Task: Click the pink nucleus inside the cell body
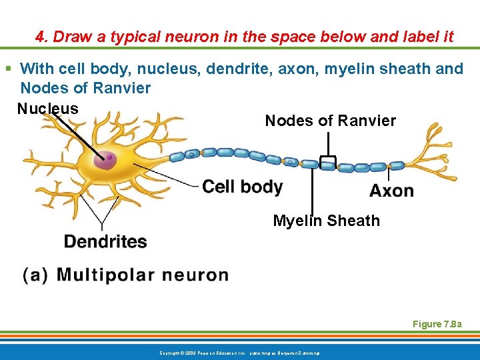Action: pyautogui.click(x=105, y=160)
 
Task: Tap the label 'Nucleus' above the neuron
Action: pyautogui.click(x=48, y=109)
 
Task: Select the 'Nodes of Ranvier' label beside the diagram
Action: pyautogui.click(x=330, y=121)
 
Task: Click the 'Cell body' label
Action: pyautogui.click(x=242, y=187)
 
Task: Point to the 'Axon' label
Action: pyautogui.click(x=391, y=191)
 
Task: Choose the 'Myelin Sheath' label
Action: pyautogui.click(x=326, y=221)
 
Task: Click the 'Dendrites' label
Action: pyautogui.click(x=105, y=241)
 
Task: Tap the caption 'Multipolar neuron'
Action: pyautogui.click(x=143, y=275)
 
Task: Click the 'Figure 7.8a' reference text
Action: pyautogui.click(x=436, y=324)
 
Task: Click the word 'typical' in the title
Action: pyautogui.click(x=133, y=37)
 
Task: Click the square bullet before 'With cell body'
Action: pyautogui.click(x=9, y=69)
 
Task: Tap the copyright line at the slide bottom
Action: pyautogui.click(x=239, y=351)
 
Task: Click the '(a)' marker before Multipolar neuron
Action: pyautogui.click(x=35, y=275)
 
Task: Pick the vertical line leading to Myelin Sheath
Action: pyautogui.click(x=312, y=190)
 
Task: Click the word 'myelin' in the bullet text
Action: pyautogui.click(x=351, y=69)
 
